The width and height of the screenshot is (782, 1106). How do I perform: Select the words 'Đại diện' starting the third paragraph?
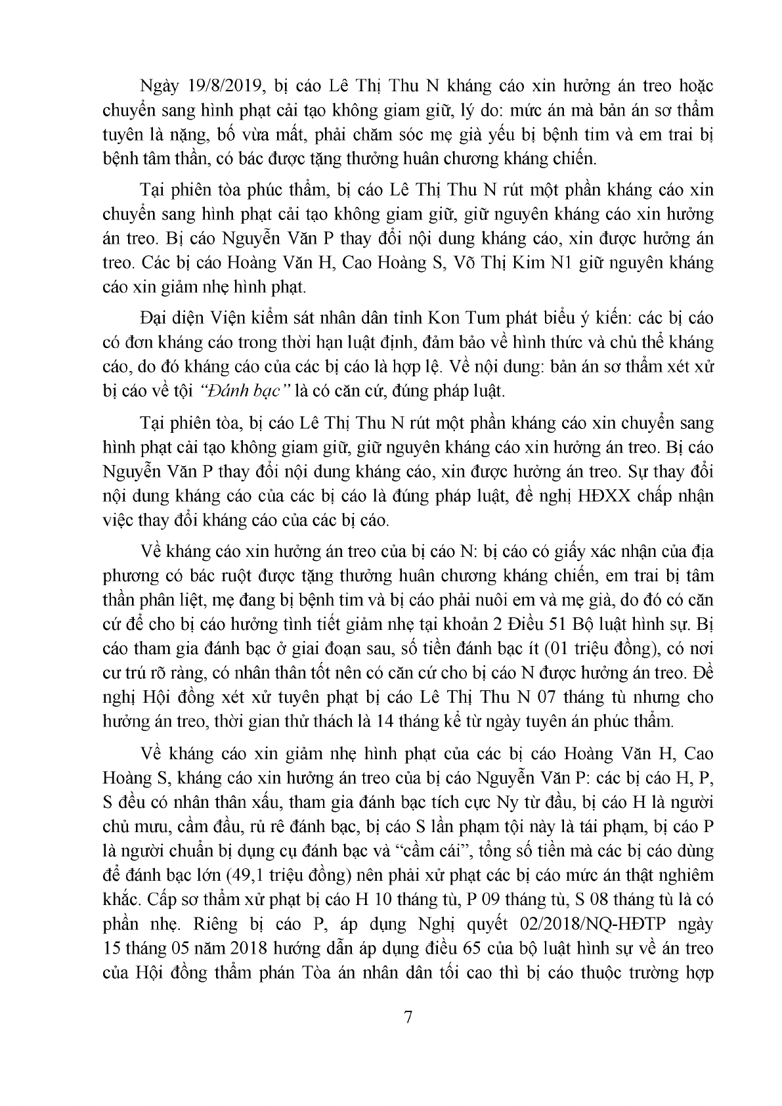click(x=166, y=319)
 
